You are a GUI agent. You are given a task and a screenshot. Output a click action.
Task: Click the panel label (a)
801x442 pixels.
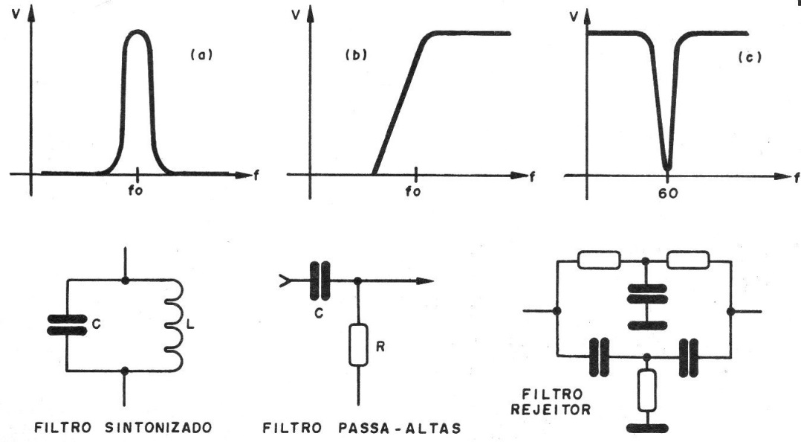pos(201,55)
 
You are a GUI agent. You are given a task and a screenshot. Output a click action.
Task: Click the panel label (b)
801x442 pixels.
pos(357,55)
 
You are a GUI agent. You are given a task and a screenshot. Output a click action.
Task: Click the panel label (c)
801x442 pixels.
pos(750,57)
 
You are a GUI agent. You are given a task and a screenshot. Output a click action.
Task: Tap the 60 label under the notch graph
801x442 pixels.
pos(668,193)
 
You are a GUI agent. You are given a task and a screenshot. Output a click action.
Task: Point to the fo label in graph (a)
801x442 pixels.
pos(135,190)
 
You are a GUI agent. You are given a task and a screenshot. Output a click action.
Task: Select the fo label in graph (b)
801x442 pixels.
pos(413,192)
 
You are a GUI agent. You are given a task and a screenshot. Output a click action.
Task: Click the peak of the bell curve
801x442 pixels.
pos(138,32)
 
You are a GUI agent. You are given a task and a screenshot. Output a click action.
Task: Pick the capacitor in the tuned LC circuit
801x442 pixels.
pos(67,325)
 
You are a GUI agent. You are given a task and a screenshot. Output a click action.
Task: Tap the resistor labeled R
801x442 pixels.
pos(358,345)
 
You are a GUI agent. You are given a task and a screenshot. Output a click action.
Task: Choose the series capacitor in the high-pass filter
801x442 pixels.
pos(320,281)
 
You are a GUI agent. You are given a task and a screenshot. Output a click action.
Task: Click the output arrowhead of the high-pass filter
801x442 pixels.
pos(426,281)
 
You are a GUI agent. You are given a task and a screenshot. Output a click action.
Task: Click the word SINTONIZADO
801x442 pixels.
pos(158,427)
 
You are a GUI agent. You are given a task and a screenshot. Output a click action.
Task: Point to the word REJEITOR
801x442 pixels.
pos(551,410)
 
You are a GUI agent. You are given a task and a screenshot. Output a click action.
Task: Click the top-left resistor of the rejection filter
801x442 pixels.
pos(599,260)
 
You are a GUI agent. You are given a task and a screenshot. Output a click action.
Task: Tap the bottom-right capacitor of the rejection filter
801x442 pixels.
pos(689,358)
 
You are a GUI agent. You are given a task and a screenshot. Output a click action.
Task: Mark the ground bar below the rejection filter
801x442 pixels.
pos(647,428)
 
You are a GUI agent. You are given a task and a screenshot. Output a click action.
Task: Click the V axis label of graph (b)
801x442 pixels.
pos(296,14)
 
